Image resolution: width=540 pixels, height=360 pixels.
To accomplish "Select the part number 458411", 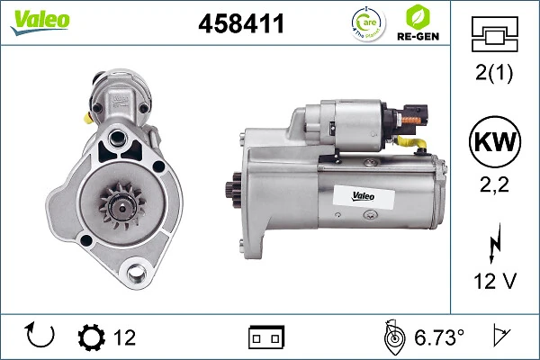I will pyautogui.click(x=240, y=24).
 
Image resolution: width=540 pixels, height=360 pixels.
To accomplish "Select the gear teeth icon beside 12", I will pyautogui.click(x=91, y=337).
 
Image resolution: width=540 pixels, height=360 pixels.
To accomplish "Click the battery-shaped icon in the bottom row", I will pyautogui.click(x=266, y=337).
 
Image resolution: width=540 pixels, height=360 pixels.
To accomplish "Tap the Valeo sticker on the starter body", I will pyautogui.click(x=353, y=195).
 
